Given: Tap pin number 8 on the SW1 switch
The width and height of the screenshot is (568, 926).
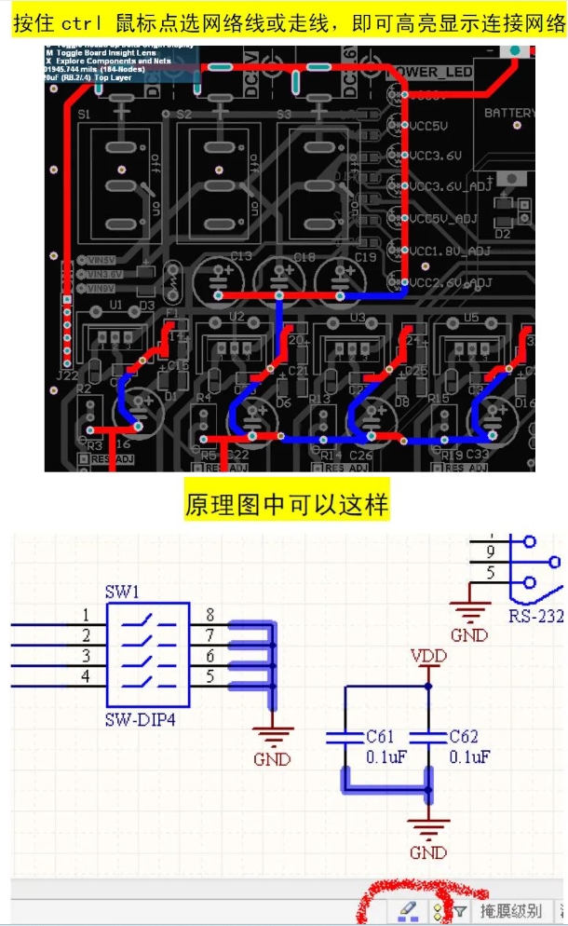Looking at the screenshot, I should click(x=210, y=615).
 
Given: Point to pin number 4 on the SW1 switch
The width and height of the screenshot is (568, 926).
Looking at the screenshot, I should click(x=86, y=676).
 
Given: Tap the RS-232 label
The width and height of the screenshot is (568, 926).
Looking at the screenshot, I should click(x=536, y=616).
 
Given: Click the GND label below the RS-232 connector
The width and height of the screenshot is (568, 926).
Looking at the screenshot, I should click(x=469, y=635).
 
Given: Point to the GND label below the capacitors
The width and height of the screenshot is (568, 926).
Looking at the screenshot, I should click(x=428, y=852).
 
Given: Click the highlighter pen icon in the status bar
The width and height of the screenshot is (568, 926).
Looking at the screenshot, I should click(x=408, y=910).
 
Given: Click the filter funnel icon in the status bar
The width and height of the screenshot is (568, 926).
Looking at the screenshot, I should click(x=459, y=910).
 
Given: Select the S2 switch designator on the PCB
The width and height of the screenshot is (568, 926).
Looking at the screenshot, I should click(x=183, y=115).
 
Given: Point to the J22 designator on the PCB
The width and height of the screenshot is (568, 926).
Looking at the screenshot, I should click(x=66, y=375).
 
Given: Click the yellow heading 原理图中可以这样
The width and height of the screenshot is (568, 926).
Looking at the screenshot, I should click(x=287, y=505).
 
